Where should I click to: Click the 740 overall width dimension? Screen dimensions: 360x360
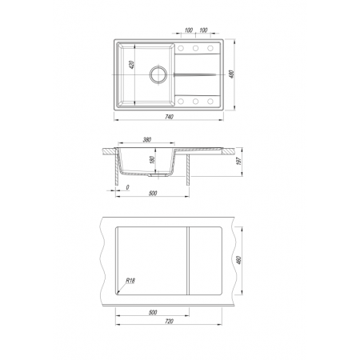point(169,117)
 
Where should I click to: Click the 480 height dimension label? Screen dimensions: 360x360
point(231,74)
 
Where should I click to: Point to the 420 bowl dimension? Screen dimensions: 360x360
point(131,65)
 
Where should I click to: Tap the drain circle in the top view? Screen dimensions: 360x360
point(158,74)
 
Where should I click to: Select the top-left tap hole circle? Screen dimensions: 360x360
point(181,48)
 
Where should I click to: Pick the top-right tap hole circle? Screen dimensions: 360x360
point(210,48)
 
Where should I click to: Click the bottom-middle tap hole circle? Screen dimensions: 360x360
point(195,102)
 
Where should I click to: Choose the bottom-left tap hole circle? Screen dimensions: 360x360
point(181,102)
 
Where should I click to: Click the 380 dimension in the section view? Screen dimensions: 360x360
point(147,140)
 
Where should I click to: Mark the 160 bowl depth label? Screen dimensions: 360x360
point(153,160)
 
